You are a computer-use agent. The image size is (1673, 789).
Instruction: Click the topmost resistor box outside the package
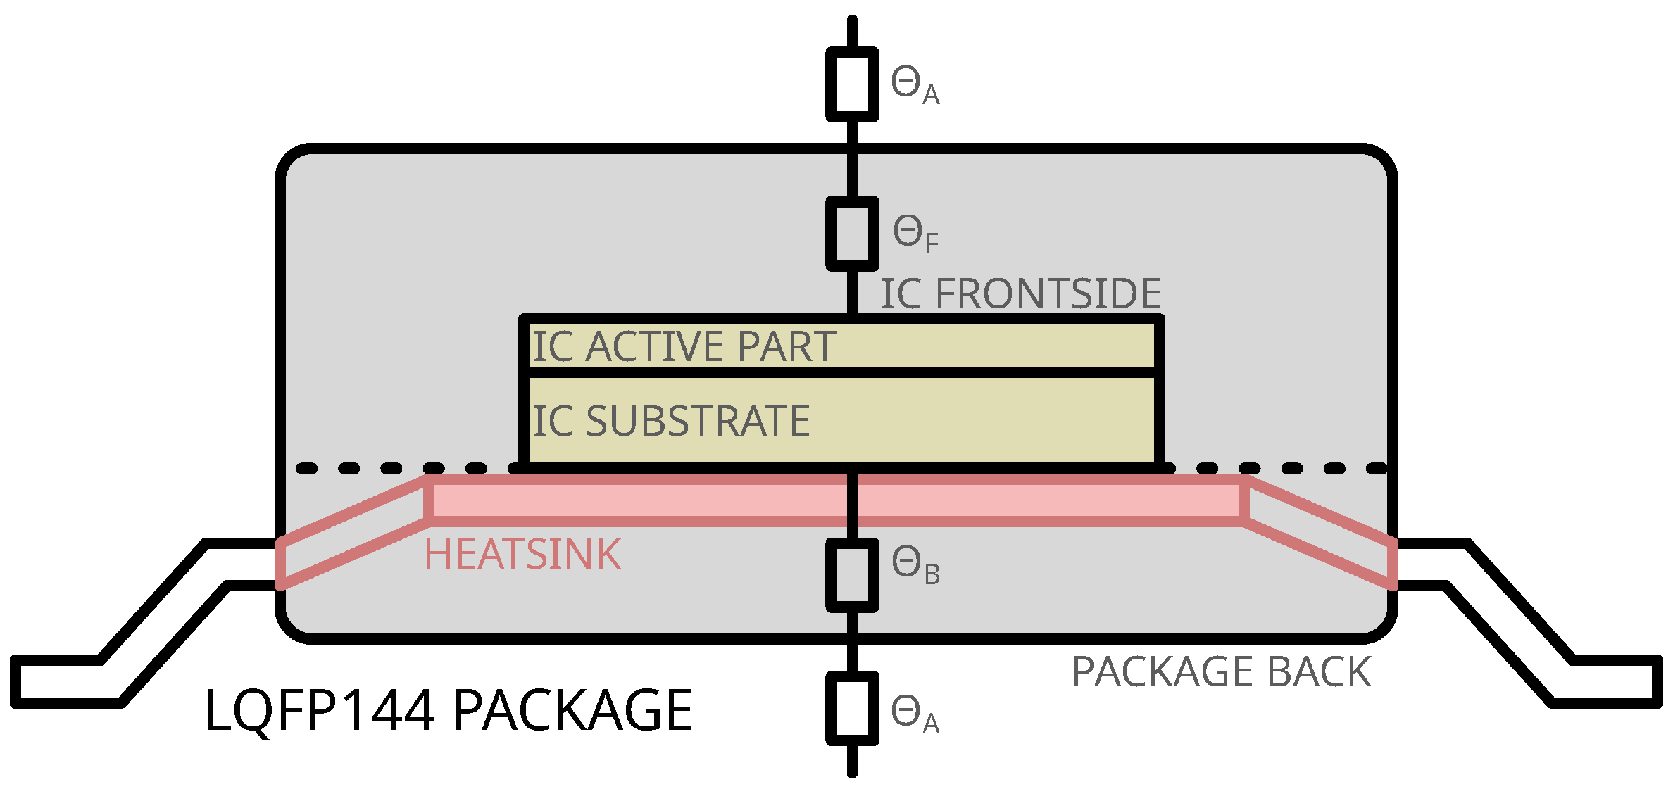(x=852, y=84)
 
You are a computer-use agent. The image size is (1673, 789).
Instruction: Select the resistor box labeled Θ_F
(x=852, y=234)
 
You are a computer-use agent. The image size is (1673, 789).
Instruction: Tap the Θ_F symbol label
(x=915, y=234)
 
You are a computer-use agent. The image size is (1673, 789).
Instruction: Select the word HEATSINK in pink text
(x=522, y=555)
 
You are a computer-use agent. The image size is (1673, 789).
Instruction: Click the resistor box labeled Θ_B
(x=852, y=575)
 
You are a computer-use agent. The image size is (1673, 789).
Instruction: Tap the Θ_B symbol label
(x=915, y=566)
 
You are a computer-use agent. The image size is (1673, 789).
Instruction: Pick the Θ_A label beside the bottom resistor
(x=914, y=714)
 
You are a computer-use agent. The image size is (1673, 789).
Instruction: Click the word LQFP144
(x=319, y=711)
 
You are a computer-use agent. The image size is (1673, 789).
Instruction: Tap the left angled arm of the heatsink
(x=352, y=533)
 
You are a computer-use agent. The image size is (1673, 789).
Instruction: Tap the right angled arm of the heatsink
(x=1321, y=533)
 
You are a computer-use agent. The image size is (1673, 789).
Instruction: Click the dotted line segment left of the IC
(x=391, y=469)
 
